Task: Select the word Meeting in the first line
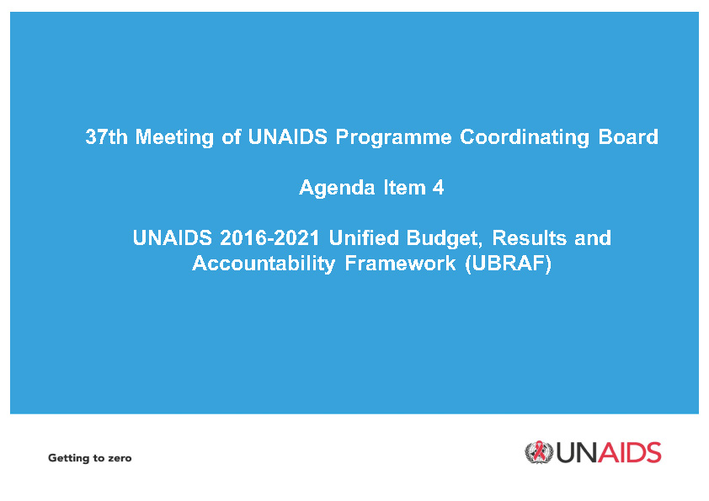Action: (174, 137)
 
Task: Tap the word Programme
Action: (393, 137)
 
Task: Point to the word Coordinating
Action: (525, 137)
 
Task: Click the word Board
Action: (628, 136)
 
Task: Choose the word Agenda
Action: (337, 188)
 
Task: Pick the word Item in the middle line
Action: (404, 187)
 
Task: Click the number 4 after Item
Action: (438, 187)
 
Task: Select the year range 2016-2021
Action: (270, 237)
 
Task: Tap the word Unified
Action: (364, 237)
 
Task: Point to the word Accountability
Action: (264, 264)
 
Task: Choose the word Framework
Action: (400, 264)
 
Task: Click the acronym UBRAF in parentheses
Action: (509, 264)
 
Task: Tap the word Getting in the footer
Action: (68, 459)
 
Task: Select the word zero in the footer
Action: (120, 459)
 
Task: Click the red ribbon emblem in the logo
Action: (538, 451)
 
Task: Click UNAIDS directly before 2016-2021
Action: (173, 237)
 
